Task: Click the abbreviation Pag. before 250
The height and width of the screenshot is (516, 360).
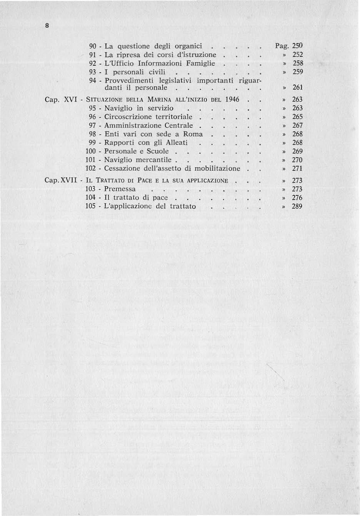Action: tap(282, 46)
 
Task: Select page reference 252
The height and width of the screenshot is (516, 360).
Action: tap(298, 55)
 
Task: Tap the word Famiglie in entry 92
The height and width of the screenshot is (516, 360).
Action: tap(200, 63)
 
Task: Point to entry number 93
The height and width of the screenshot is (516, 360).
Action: tap(92, 72)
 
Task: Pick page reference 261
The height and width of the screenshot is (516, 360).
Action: tap(298, 88)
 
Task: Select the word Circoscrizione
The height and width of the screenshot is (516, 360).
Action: tap(129, 117)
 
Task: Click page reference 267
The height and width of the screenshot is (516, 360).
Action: tap(298, 125)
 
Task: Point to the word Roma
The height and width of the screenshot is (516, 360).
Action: tap(193, 134)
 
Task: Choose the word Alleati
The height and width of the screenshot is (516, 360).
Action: tap(177, 143)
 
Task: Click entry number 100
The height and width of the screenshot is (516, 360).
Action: tap(91, 151)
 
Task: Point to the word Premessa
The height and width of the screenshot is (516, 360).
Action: tap(120, 189)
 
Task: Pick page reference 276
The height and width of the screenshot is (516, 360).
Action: tap(298, 198)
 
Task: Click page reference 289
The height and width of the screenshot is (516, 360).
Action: tap(298, 206)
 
